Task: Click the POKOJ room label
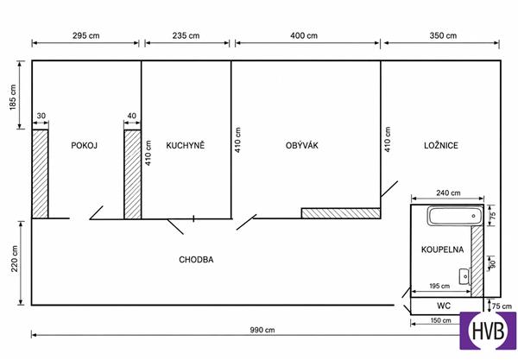coord(85,145)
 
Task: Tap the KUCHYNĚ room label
coord(186,145)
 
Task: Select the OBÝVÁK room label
coord(302,145)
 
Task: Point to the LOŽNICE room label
coord(441,145)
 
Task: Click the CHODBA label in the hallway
coord(196,260)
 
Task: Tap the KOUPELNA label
coord(442,249)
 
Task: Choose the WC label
coord(444,306)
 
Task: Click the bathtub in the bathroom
coord(454,216)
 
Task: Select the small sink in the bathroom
coord(464,276)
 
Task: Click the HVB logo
coord(488,331)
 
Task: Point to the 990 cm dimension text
coord(262,330)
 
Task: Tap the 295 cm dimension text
coord(85,35)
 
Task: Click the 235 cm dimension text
coord(186,35)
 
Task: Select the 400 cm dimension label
coord(304,35)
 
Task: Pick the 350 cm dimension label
coord(443,35)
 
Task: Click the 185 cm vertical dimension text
coord(13,97)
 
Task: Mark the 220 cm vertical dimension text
coord(14,259)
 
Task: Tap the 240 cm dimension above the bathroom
coord(448,193)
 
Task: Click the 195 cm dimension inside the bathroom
coord(439,286)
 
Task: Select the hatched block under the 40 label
coord(132,174)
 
